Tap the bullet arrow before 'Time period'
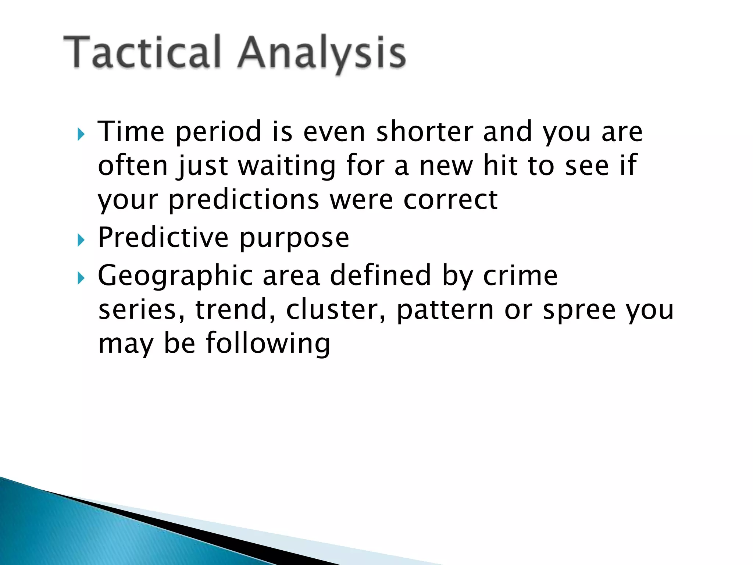click(81, 135)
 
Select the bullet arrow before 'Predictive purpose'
click(81, 241)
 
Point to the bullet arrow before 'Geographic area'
click(81, 278)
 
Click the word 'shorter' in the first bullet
click(425, 131)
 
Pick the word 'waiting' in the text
click(287, 166)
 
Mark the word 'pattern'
click(445, 311)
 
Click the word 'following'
click(268, 344)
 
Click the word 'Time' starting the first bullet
click(131, 131)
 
